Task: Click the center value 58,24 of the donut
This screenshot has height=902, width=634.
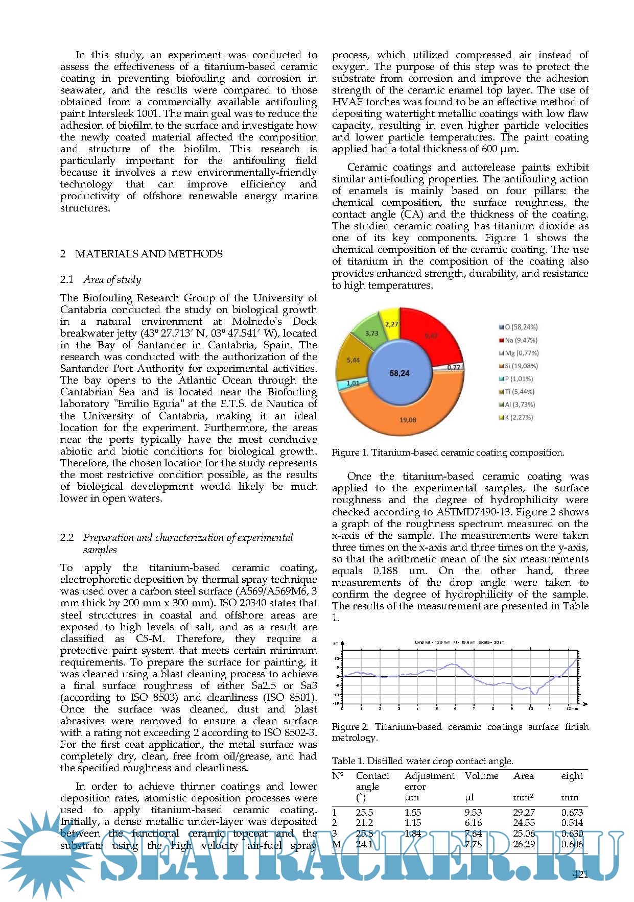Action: tap(399, 373)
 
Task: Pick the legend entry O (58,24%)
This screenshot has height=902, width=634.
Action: tap(518, 327)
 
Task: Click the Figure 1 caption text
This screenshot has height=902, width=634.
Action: tap(448, 453)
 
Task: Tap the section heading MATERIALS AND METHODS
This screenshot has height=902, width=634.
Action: tap(149, 254)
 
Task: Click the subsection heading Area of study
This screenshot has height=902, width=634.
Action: tap(112, 279)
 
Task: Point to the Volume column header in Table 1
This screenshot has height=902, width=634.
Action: tap(481, 776)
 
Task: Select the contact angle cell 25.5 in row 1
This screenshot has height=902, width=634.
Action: tap(364, 812)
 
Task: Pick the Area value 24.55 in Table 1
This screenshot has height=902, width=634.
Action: tap(524, 822)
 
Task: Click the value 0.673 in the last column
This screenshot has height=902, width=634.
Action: tap(572, 812)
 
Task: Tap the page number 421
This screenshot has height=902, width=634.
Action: tap(580, 874)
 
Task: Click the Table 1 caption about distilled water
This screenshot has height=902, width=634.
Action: tap(422, 761)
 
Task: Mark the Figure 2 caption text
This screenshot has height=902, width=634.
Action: tap(460, 732)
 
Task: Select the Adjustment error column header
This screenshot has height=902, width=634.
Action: tap(429, 781)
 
